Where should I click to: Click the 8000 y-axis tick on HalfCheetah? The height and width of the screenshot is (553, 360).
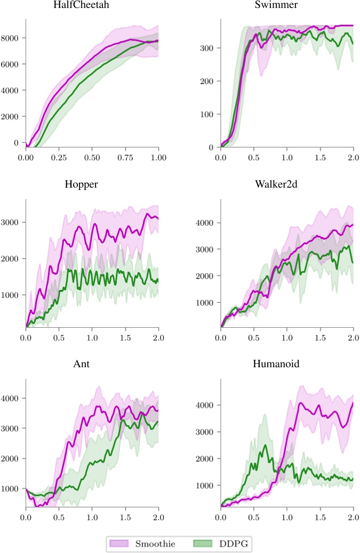click(x=11, y=38)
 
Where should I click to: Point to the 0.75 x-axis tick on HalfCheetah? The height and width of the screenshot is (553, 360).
click(x=125, y=159)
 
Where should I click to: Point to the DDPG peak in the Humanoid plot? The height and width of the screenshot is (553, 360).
click(x=265, y=445)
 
